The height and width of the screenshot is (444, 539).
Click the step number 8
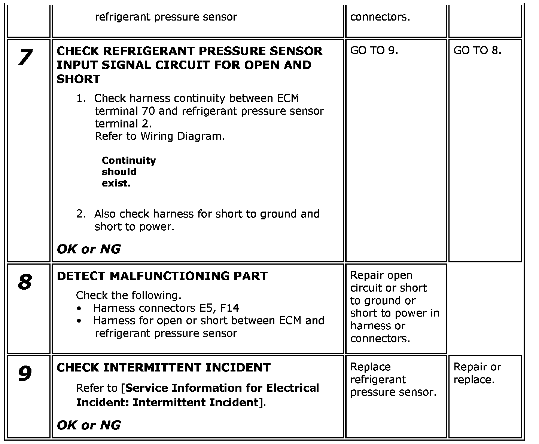25,282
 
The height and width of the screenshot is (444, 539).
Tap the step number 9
25,374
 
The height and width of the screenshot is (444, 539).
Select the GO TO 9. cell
374,51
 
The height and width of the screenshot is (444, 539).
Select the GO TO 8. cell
477,51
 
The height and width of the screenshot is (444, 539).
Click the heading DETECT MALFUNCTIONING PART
162,276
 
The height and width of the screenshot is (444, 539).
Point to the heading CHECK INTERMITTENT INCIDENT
163,368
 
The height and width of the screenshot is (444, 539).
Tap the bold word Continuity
129,161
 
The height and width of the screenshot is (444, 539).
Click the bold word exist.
116,184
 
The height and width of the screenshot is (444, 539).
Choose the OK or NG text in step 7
89,249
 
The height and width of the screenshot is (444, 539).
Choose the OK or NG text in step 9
89,425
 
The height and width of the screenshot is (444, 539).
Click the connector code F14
229,308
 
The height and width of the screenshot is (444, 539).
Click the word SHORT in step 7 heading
79,79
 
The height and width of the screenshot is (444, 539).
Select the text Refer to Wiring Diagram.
160,136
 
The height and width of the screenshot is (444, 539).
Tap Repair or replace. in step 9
477,373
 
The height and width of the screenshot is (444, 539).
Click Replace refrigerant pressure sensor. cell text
393,379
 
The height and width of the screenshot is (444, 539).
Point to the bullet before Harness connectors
79,309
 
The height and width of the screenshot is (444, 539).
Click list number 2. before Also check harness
81,214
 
